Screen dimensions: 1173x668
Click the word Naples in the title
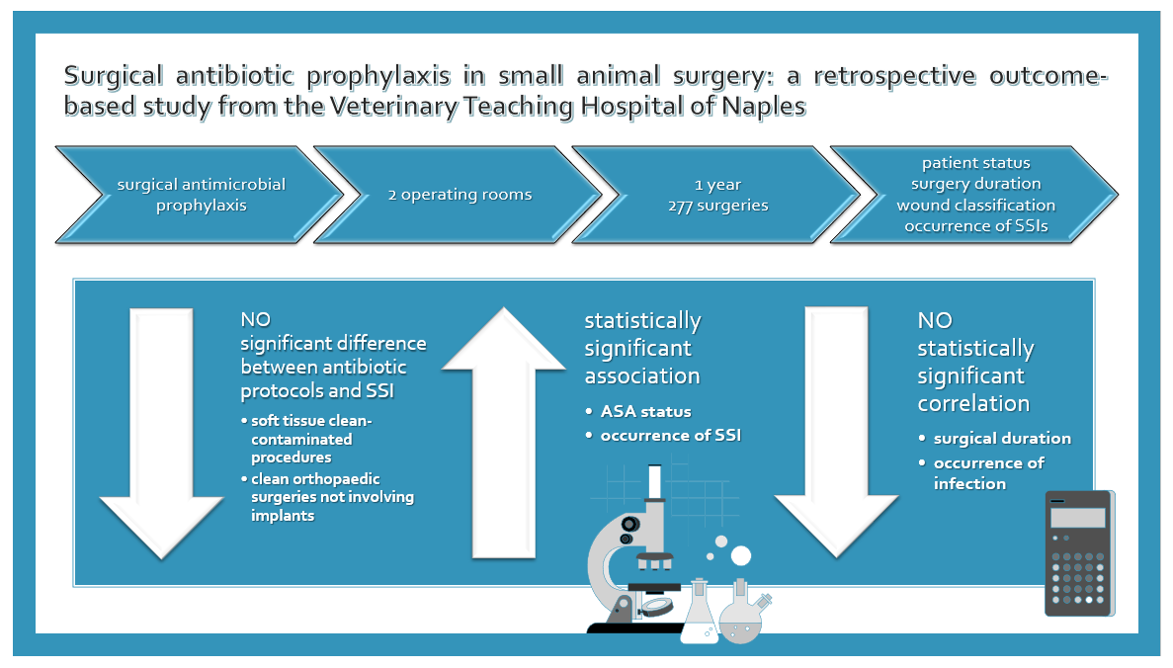point(764,106)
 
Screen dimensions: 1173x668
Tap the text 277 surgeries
point(718,206)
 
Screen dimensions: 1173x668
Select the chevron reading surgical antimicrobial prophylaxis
point(201,195)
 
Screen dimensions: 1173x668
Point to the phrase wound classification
point(976,205)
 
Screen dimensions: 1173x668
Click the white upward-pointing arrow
point(503,433)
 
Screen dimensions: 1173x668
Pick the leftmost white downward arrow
point(162,433)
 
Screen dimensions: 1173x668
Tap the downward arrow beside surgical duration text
point(836,433)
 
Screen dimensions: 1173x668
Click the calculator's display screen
point(1077,518)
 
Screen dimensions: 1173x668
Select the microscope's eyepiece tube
point(654,482)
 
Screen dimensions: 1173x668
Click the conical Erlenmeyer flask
point(700,611)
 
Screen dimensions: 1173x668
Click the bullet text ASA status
point(645,411)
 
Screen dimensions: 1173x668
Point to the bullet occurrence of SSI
point(670,436)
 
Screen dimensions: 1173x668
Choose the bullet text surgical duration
point(1002,439)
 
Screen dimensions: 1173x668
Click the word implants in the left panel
point(283,516)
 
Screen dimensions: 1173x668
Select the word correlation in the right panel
point(973,404)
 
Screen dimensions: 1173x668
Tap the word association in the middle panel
point(642,376)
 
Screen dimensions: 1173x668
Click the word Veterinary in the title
point(393,106)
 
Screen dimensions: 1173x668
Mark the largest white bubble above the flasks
point(740,555)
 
